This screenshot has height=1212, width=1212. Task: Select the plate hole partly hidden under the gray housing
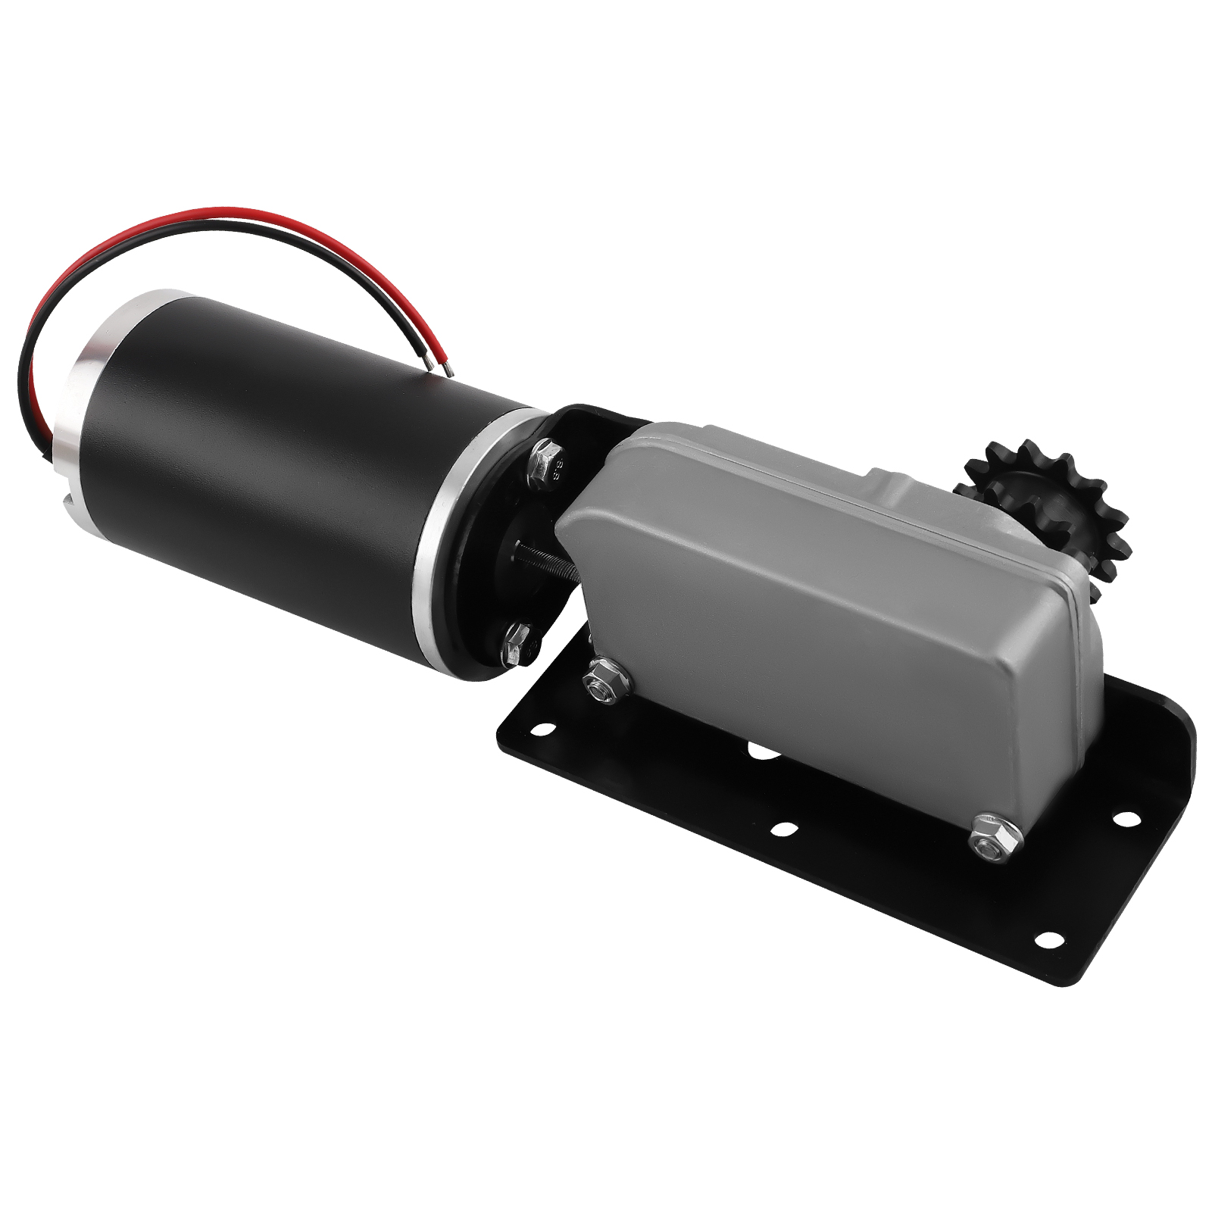click(761, 751)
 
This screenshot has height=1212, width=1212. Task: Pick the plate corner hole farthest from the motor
click(1048, 940)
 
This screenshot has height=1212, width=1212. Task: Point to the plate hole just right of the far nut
click(1126, 820)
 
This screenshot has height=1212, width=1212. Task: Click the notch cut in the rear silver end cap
click(67, 500)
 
